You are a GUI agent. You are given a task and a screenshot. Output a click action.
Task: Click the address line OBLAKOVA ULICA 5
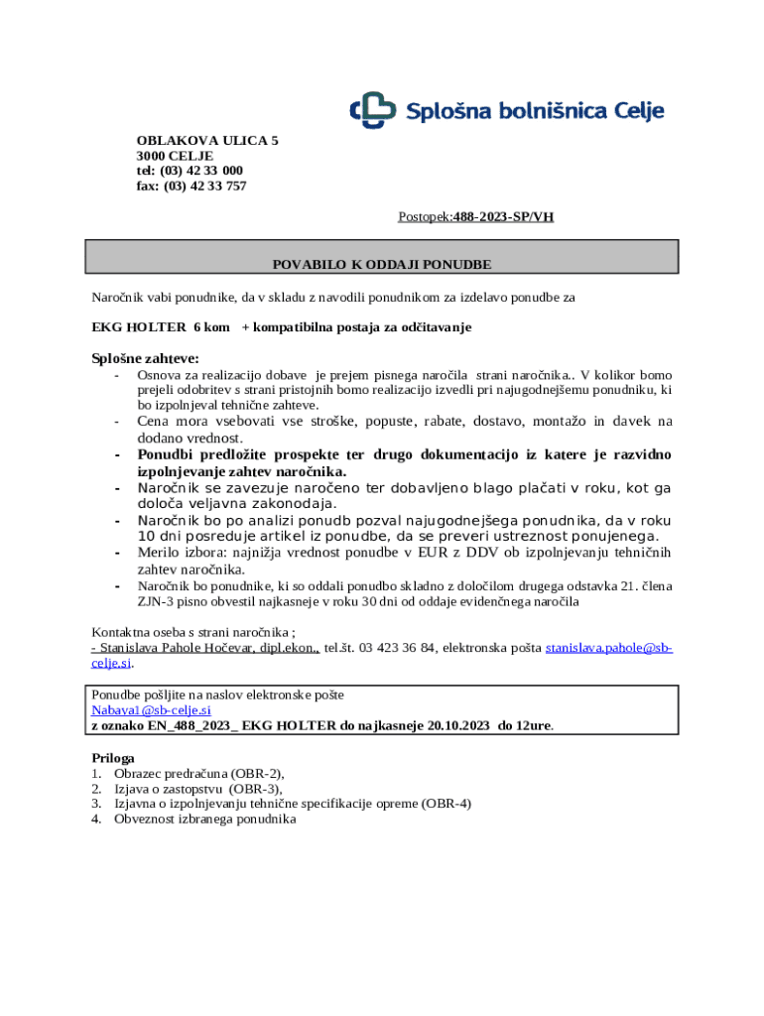point(206,141)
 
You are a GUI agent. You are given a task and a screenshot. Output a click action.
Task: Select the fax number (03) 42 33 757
point(205,186)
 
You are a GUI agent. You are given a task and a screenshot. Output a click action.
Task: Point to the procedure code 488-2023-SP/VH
point(503,215)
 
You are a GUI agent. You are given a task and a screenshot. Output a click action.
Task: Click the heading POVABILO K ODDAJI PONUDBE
point(382,265)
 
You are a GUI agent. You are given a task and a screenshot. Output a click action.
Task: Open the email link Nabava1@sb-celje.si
point(151,710)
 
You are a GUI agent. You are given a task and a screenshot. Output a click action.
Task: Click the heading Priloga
point(113,758)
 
